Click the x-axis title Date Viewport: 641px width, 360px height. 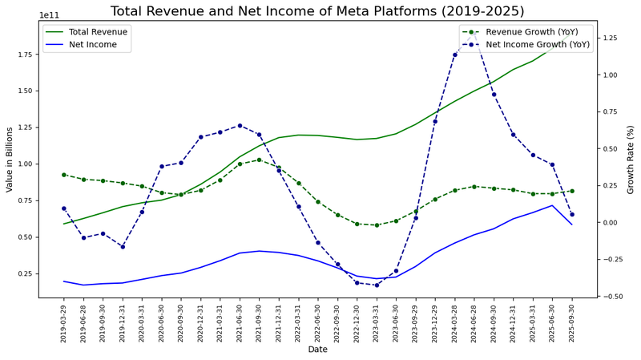[x=318, y=350]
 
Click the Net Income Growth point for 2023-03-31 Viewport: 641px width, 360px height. [x=377, y=285]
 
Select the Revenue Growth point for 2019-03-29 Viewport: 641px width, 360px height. [x=64, y=175]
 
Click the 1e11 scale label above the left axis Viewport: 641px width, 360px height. [x=49, y=15]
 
